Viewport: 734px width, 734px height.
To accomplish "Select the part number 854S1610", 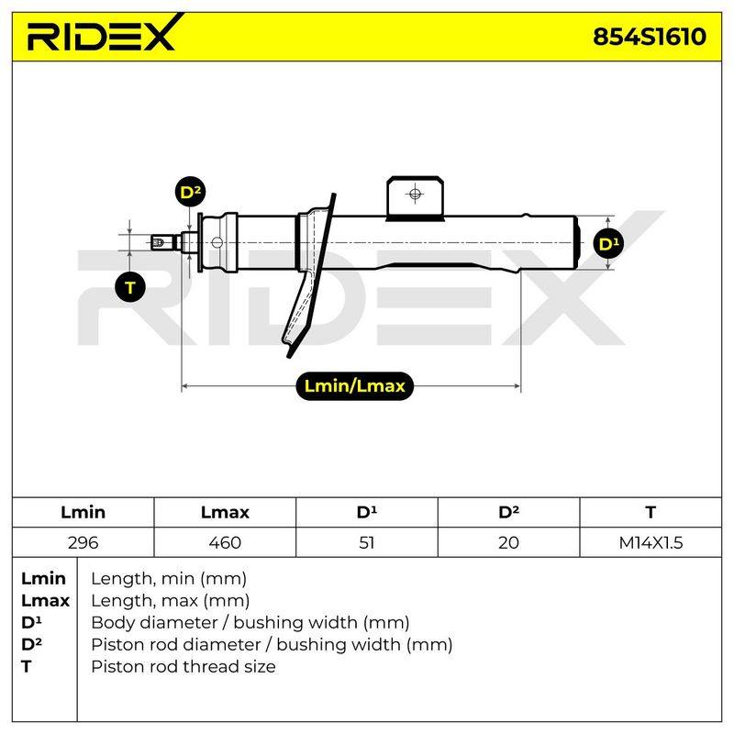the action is (650, 37).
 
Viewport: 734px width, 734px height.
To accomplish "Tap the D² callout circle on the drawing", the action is (191, 192).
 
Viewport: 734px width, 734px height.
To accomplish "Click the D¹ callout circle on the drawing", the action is (608, 243).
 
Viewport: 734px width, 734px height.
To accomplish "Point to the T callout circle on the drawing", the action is (130, 287).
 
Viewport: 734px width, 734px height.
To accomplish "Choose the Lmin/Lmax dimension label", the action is (355, 386).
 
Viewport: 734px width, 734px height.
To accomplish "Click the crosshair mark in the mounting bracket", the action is (416, 194).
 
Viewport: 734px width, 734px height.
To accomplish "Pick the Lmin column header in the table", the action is (83, 512).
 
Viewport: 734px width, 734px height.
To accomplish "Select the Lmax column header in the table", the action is (225, 512).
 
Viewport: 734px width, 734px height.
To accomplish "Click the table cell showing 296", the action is (83, 542).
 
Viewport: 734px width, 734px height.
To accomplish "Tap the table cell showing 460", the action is (225, 542).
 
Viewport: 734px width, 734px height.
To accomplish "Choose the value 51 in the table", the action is (366, 542).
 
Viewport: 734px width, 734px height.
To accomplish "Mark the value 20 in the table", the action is (508, 542).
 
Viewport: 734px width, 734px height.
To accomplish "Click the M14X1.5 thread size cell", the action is (651, 542).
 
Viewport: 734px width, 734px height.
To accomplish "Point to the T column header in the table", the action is (651, 512).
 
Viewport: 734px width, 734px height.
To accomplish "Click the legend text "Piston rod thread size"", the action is (183, 666).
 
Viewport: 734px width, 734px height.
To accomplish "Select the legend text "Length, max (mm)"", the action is (171, 601).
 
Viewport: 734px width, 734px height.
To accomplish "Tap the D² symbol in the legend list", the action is (31, 644).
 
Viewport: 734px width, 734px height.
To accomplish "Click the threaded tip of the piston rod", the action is (158, 242).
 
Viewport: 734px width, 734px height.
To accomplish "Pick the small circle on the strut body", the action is (217, 242).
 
